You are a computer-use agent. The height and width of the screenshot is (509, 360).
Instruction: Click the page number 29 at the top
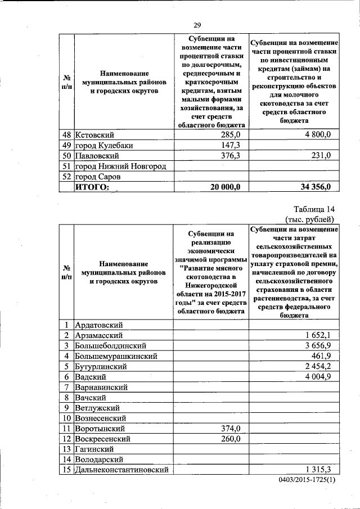point(197,24)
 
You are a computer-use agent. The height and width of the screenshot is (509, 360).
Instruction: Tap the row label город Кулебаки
point(106,145)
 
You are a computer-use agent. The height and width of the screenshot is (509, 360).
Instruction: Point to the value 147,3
point(230,145)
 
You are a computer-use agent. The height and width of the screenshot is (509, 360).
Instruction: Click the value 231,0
point(320,156)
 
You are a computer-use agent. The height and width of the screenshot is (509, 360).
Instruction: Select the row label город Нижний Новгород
point(121,166)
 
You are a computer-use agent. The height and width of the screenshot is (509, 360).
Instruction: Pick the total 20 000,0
point(225,187)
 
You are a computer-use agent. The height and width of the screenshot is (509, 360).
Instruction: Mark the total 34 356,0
point(313,187)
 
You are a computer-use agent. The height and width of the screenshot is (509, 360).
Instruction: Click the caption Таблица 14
point(313,209)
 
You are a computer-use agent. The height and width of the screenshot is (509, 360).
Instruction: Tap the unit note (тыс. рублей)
point(310,219)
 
